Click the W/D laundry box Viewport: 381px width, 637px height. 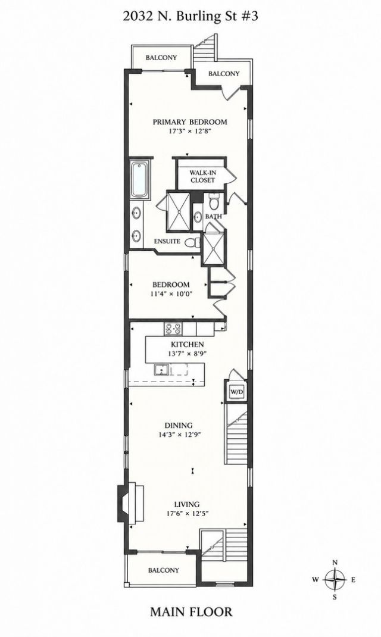coord(236,392)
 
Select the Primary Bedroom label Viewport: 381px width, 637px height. coord(190,122)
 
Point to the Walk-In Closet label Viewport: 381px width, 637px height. coord(202,176)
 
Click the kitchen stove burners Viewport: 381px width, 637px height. coord(173,328)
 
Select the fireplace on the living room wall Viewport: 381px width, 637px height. coord(129,502)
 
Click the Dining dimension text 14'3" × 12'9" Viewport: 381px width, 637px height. coord(180,434)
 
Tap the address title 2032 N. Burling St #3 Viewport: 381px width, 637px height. coord(190,16)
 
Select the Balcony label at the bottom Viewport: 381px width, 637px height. coord(163,570)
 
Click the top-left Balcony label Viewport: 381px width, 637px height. coord(161,58)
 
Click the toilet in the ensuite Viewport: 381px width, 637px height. coord(193,242)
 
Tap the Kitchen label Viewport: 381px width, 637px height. coord(187,345)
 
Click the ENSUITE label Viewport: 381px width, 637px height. coord(167,241)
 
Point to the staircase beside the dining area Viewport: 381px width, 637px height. coord(236,438)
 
